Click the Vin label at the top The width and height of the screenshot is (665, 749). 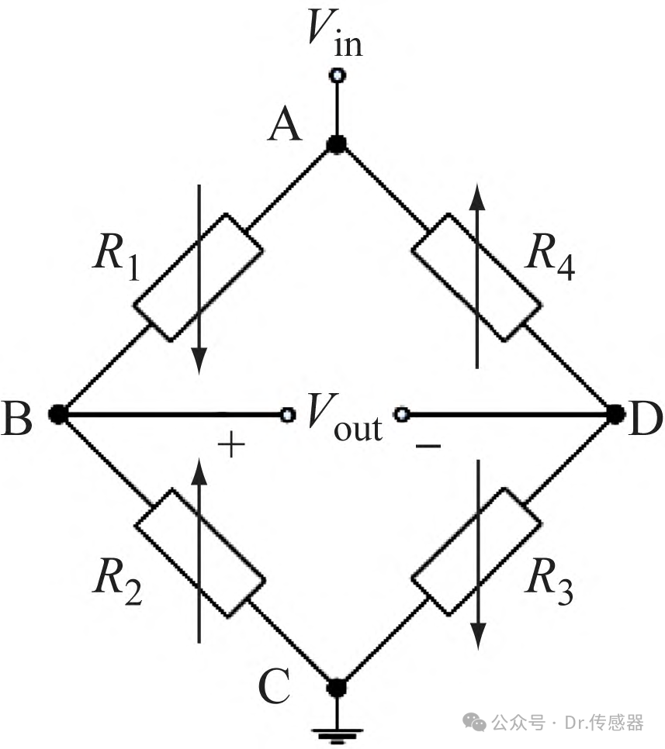(334, 33)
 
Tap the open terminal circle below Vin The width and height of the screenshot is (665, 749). (338, 75)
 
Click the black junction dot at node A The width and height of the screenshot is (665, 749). (337, 143)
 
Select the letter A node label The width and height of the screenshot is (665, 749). (285, 124)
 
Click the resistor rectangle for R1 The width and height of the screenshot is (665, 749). (197, 278)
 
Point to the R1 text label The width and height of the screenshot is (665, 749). (116, 257)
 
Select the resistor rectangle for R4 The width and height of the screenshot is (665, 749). (476, 277)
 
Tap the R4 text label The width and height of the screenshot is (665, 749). (550, 257)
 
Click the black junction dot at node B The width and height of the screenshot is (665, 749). (59, 414)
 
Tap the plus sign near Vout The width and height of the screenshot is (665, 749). (231, 445)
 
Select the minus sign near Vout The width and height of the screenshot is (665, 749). (428, 446)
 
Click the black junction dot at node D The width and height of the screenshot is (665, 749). (615, 414)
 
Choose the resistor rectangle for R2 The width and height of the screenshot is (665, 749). (199, 552)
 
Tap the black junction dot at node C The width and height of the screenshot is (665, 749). (337, 688)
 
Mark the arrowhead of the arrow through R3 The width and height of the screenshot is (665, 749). (478, 637)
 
